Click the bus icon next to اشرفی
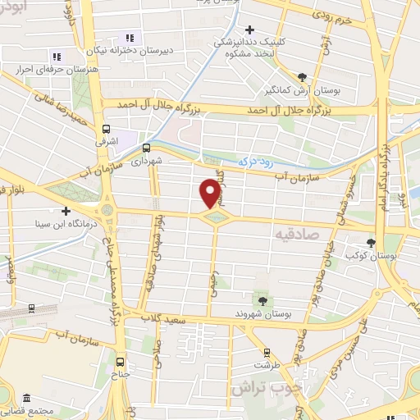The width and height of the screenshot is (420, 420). (x=106, y=129)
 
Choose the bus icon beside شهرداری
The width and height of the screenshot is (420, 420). (x=146, y=148)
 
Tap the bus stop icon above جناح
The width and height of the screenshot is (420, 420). (x=121, y=361)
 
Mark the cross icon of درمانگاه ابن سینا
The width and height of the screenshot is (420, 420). (x=66, y=211)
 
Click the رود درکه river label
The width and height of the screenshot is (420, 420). (x=258, y=162)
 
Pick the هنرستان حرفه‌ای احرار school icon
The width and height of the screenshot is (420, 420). (x=57, y=57)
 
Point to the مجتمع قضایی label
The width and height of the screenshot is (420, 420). (x=33, y=410)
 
